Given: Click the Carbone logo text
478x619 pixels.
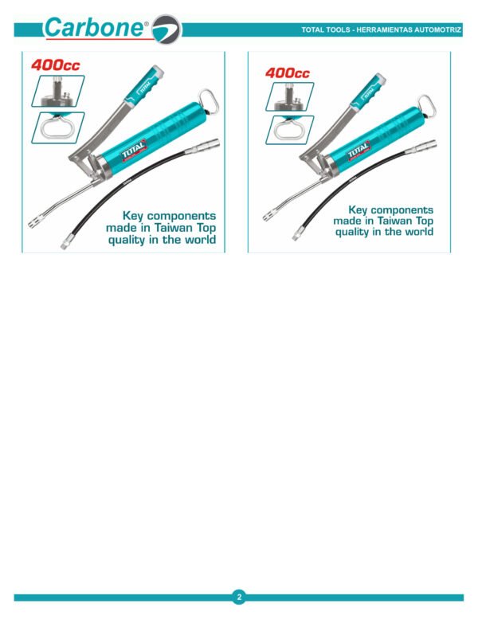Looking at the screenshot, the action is [x=95, y=27].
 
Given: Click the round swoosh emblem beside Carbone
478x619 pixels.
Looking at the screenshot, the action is [x=167, y=29].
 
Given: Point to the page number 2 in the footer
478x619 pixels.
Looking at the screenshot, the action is [x=239, y=597].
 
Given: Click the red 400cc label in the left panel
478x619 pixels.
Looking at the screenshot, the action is [x=55, y=65].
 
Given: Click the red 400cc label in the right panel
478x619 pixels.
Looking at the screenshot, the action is [x=288, y=73].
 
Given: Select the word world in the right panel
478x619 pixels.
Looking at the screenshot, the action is [x=417, y=231].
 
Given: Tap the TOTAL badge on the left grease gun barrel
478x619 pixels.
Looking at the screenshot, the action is [x=133, y=150].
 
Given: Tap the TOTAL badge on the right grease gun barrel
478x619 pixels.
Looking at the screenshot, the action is [x=358, y=151].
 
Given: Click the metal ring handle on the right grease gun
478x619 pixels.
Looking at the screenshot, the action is [x=426, y=106].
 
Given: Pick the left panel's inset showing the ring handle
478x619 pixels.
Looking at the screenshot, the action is [x=57, y=128].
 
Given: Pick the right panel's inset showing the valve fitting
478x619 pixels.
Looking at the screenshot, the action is [x=290, y=96].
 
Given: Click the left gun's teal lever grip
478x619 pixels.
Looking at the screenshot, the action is [x=144, y=84].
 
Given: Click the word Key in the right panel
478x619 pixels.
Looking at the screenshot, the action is [x=358, y=210].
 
